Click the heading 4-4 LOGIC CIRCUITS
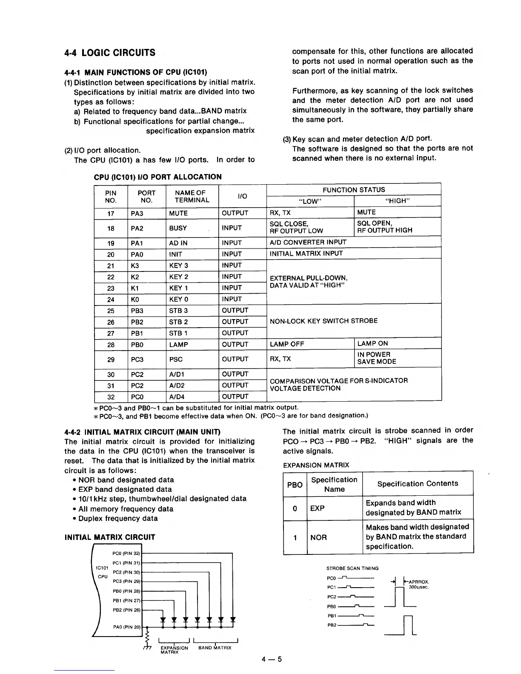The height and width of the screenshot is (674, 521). tap(110, 53)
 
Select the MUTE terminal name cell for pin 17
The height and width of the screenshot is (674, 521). tap(178, 213)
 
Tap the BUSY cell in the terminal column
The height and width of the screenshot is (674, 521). tap(178, 228)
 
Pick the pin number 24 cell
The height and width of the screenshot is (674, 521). tap(111, 300)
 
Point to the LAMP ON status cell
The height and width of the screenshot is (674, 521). tap(372, 343)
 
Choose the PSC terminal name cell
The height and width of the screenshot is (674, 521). tap(176, 360)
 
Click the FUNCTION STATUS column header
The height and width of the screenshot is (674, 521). tap(353, 190)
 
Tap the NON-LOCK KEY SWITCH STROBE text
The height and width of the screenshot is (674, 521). tap(323, 321)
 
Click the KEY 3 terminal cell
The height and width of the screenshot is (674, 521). tap(178, 266)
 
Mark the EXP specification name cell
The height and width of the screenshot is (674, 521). tap(317, 508)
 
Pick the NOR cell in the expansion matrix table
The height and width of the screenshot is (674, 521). tap(318, 537)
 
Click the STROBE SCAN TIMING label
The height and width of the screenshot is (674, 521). tap(352, 568)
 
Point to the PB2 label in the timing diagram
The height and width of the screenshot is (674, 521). tap(332, 625)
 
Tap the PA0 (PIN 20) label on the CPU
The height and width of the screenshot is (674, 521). tap(126, 627)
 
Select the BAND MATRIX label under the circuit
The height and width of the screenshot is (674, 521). tap(215, 648)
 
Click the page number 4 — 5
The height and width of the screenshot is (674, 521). tap(272, 660)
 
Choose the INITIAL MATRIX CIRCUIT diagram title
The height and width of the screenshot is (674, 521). tap(109, 537)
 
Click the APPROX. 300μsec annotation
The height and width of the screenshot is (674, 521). tap(418, 584)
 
